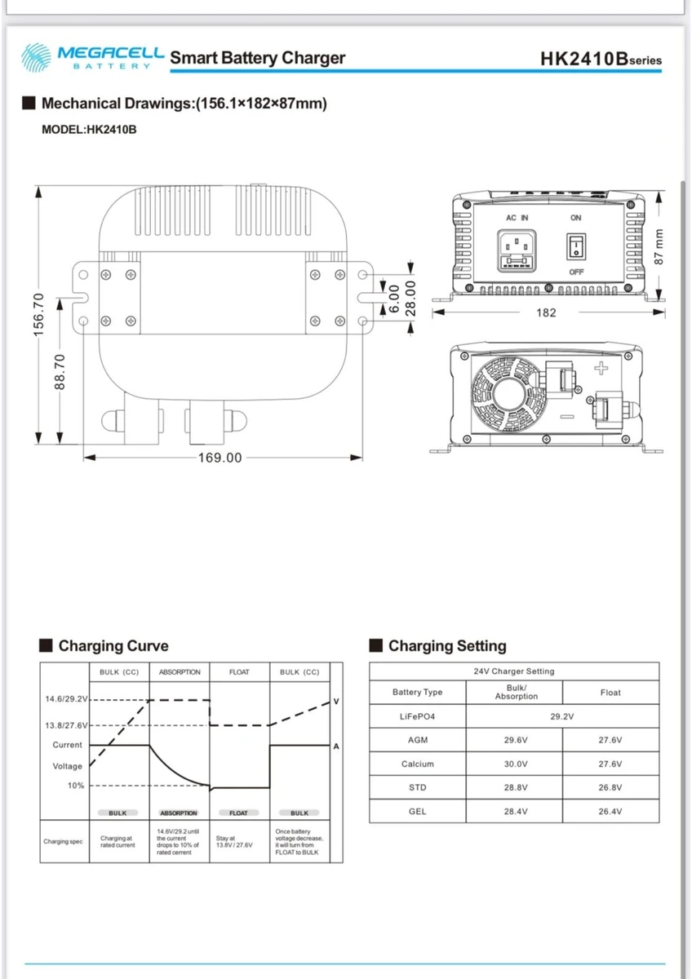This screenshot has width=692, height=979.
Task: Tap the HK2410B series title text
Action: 601,60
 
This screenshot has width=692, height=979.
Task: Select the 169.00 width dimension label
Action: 220,458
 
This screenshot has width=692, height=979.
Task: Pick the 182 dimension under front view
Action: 547,312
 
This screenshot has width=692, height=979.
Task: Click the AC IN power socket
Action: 516,250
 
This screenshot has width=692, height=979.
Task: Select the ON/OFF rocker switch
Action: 576,246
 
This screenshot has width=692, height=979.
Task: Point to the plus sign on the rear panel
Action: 601,368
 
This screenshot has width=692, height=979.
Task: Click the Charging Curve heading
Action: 113,646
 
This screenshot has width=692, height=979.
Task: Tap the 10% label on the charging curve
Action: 76,786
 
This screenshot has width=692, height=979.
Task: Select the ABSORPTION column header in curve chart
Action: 180,672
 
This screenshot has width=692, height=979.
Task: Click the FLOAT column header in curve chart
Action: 239,672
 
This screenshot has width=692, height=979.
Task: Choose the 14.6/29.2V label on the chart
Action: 65,699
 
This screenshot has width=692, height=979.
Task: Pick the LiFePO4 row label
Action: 417,716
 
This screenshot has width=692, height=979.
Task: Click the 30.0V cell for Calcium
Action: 516,764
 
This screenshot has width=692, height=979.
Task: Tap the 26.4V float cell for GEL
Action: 610,812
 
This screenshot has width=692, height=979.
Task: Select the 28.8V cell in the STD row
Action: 516,788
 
